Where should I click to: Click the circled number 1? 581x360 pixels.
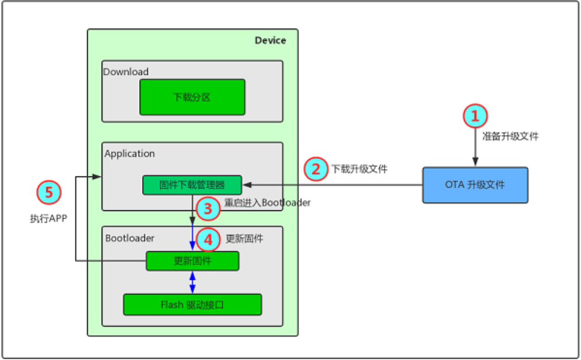475,116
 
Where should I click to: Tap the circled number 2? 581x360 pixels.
316,169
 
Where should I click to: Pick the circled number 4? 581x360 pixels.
209,239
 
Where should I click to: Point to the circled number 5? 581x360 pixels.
49,191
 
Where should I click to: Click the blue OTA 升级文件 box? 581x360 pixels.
475,185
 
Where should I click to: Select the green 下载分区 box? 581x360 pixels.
192,98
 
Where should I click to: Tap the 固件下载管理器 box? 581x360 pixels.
192,185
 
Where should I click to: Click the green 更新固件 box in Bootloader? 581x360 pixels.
192,261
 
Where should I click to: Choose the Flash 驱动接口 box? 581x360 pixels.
192,304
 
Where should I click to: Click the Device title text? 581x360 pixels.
270,40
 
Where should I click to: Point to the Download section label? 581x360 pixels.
126,72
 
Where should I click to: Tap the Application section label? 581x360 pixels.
130,154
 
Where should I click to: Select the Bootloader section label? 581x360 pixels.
130,238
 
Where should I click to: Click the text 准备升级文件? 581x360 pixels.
510,137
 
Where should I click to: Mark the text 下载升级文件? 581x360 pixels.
359,169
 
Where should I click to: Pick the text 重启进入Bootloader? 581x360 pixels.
268,203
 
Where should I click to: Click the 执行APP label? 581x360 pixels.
49,219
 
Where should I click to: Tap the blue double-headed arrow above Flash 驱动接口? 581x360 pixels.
192,282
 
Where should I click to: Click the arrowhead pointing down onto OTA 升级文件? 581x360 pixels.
475,163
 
